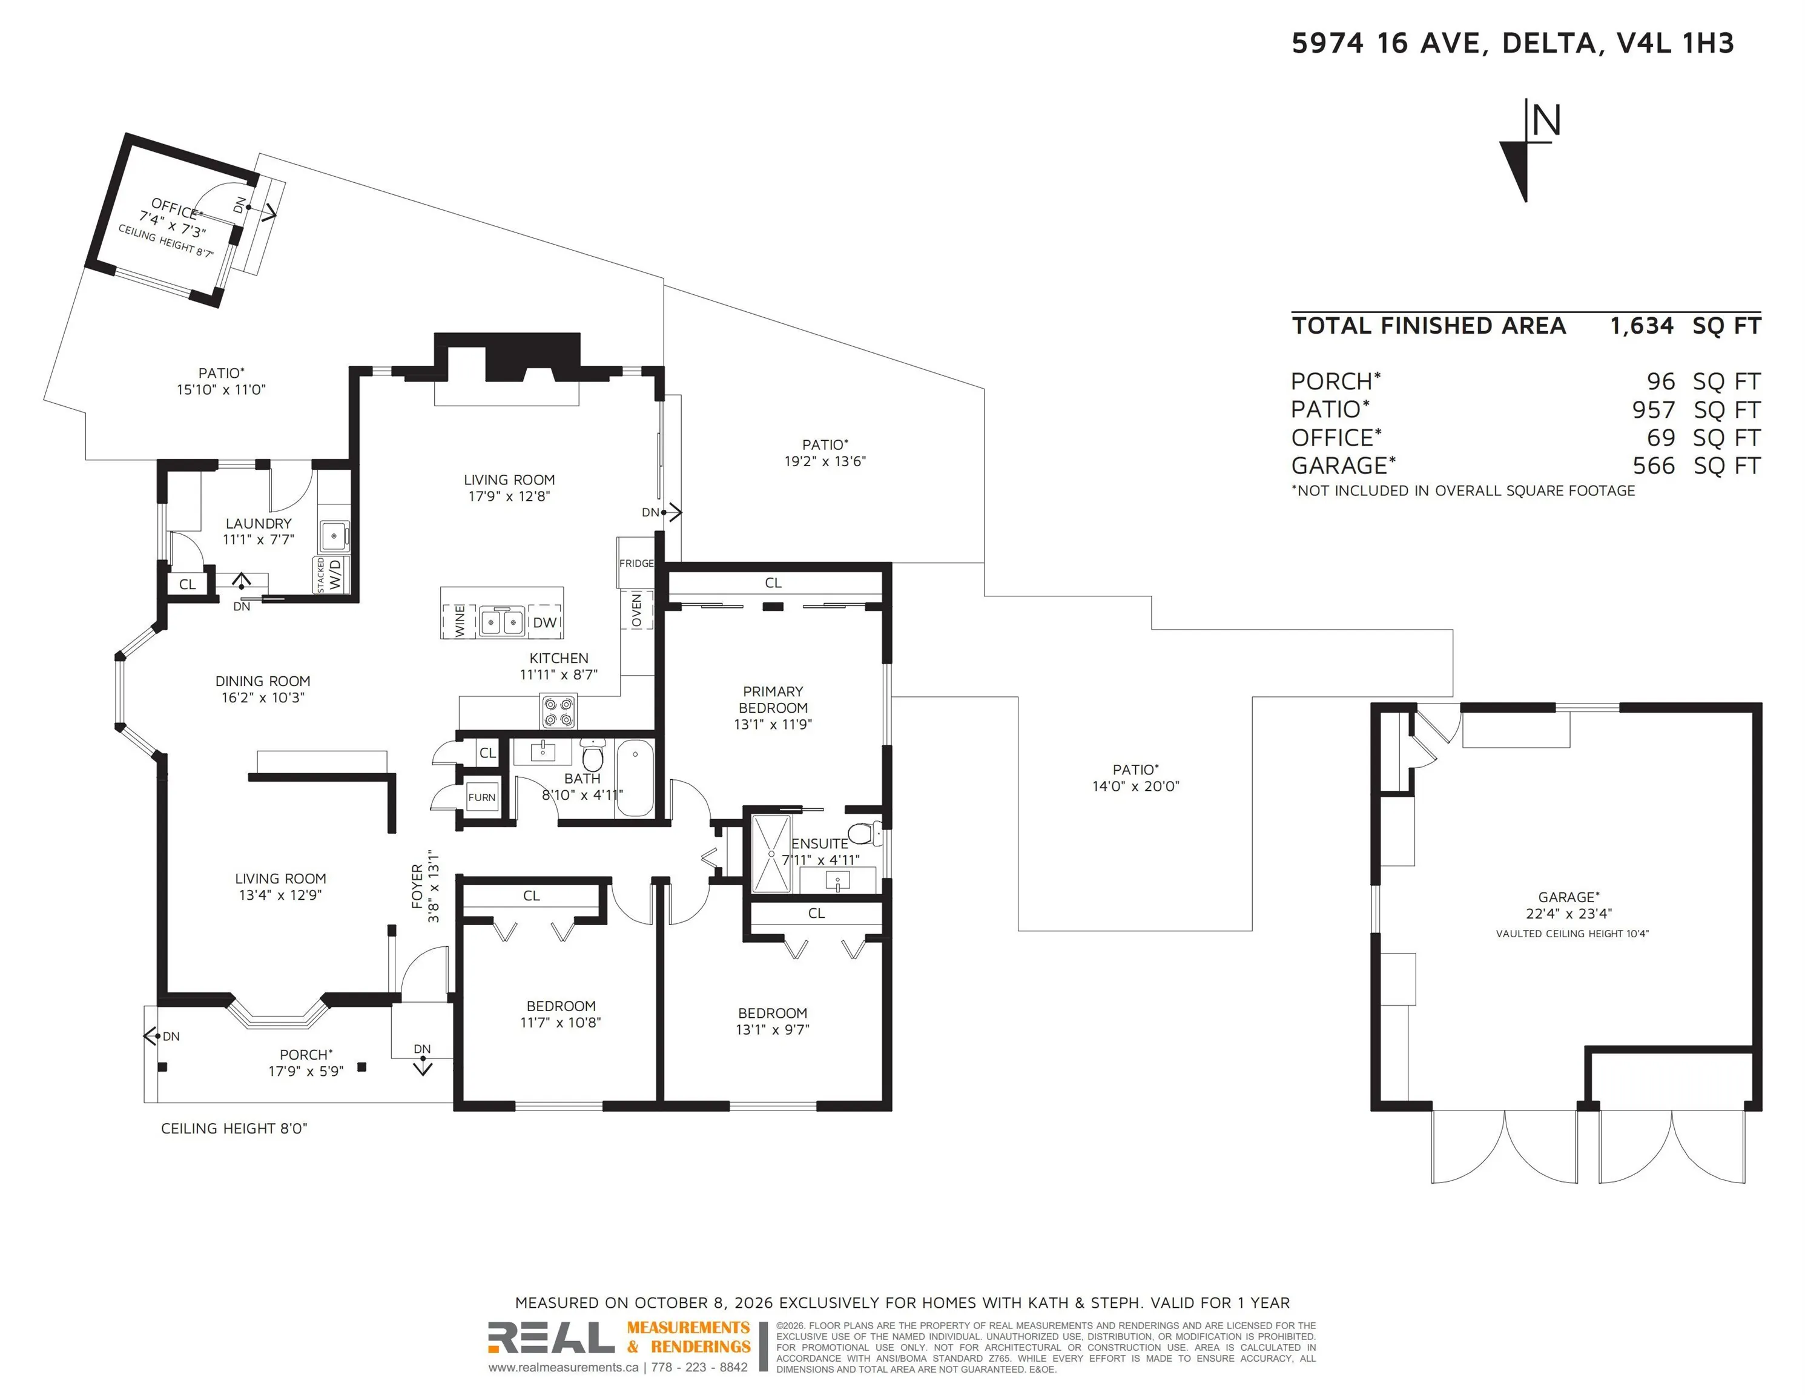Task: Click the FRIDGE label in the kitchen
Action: (x=636, y=563)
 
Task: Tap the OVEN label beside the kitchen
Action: (x=636, y=609)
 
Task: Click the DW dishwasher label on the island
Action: (x=544, y=622)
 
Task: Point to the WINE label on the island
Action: (x=460, y=620)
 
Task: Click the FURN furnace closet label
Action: (x=482, y=797)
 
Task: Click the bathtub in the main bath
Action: (x=635, y=777)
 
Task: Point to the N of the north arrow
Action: (x=1546, y=120)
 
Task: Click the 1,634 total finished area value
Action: (x=1642, y=326)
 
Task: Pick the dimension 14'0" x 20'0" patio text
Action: (x=1135, y=786)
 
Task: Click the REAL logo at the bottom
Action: (x=550, y=1336)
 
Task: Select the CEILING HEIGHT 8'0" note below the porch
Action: (x=234, y=1128)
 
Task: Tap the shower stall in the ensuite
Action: (x=771, y=854)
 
